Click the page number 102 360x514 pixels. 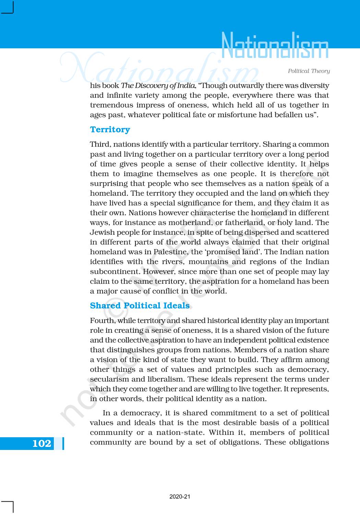[x=41, y=443]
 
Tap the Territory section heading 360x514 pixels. [x=110, y=130]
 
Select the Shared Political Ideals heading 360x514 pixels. [x=140, y=306]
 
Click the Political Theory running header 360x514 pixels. [x=309, y=71]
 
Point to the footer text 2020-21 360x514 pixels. [x=180, y=497]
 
